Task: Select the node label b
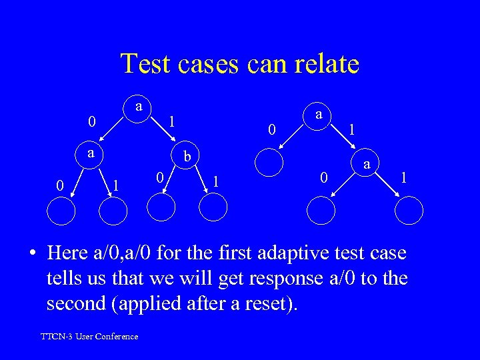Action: point(188,157)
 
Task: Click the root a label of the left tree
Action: point(138,106)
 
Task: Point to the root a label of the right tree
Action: point(319,115)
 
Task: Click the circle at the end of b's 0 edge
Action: point(161,207)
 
